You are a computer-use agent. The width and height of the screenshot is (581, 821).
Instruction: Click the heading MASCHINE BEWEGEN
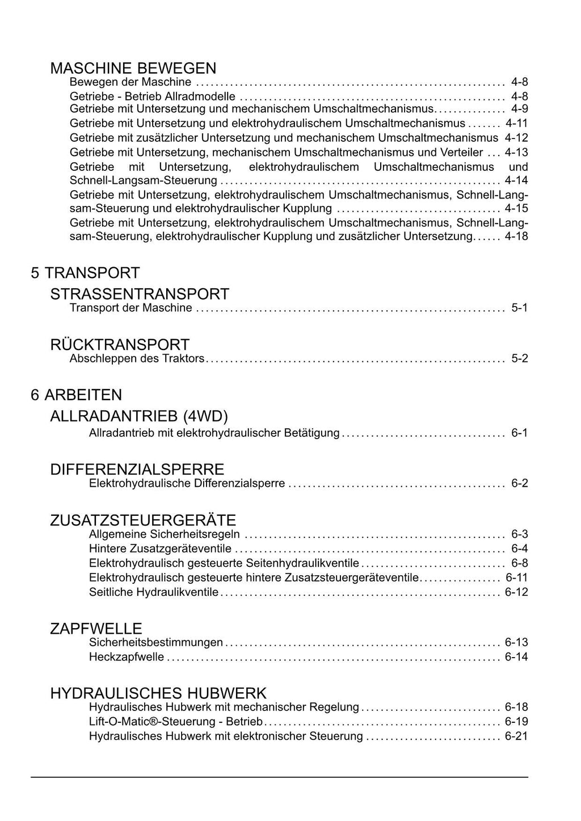133,69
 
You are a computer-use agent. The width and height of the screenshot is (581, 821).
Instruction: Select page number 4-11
516,123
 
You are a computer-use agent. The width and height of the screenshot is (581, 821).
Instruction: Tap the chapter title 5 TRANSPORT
85,273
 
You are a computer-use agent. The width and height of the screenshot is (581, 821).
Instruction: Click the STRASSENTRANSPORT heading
140,294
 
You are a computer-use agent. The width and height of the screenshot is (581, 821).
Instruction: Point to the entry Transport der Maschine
130,308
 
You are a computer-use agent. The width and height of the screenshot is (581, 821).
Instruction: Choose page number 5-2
519,359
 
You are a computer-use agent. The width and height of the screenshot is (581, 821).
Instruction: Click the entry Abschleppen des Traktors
137,359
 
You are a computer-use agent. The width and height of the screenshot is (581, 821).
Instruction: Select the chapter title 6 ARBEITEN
77,395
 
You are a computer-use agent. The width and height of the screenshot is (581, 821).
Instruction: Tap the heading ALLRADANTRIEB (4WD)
139,416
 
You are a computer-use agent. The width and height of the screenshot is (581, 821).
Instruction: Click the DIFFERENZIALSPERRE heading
137,470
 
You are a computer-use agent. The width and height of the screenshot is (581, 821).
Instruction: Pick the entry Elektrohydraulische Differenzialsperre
187,484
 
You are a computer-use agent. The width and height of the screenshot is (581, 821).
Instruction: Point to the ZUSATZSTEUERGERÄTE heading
143,520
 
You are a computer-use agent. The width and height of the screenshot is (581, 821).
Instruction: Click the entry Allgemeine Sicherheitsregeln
165,534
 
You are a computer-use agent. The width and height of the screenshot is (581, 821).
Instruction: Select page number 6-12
516,592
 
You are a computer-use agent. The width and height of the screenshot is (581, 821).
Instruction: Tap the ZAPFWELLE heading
96,629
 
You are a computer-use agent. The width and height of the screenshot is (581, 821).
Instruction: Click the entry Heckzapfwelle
127,657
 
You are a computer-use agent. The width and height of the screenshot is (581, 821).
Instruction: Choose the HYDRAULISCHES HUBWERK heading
158,693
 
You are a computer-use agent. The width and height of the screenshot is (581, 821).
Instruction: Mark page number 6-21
516,736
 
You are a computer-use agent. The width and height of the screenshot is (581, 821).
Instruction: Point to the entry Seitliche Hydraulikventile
154,592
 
